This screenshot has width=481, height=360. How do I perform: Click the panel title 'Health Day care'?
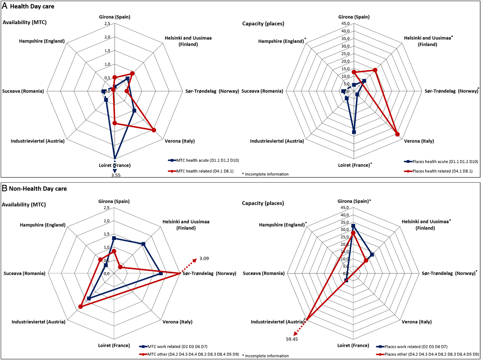pyautogui.click(x=32, y=7)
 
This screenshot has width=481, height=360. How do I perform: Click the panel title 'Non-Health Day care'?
pyautogui.click(x=38, y=188)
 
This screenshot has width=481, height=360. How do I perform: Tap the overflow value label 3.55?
pyautogui.click(x=116, y=175)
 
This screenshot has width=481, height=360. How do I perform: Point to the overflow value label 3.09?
pyautogui.click(x=204, y=259)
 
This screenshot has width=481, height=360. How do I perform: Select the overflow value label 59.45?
pyautogui.click(x=292, y=339)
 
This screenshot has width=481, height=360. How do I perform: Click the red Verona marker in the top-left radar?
pyautogui.click(x=154, y=130)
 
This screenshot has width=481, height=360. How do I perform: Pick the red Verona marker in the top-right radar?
pyautogui.click(x=398, y=134)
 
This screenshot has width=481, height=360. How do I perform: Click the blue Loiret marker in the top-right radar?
pyautogui.click(x=354, y=132)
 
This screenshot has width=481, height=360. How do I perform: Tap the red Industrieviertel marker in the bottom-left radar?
pyautogui.click(x=80, y=307)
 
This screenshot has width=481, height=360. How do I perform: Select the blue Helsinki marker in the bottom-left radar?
pyautogui.click(x=143, y=244)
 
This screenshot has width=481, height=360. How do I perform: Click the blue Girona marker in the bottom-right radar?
pyautogui.click(x=353, y=226)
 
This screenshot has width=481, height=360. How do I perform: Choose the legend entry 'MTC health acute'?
pyautogui.click(x=208, y=160)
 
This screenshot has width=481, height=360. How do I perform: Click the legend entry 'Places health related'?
pyautogui.click(x=442, y=171)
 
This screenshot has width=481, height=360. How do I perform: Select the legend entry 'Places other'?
pyautogui.click(x=432, y=354)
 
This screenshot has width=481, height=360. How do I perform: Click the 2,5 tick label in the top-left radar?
pyautogui.click(x=107, y=24)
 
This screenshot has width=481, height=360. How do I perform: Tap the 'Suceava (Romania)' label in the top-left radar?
pyautogui.click(x=23, y=91)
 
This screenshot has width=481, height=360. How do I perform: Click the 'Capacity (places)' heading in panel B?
pyautogui.click(x=263, y=203)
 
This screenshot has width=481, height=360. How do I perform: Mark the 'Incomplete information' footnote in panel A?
pyautogui.click(x=267, y=174)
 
